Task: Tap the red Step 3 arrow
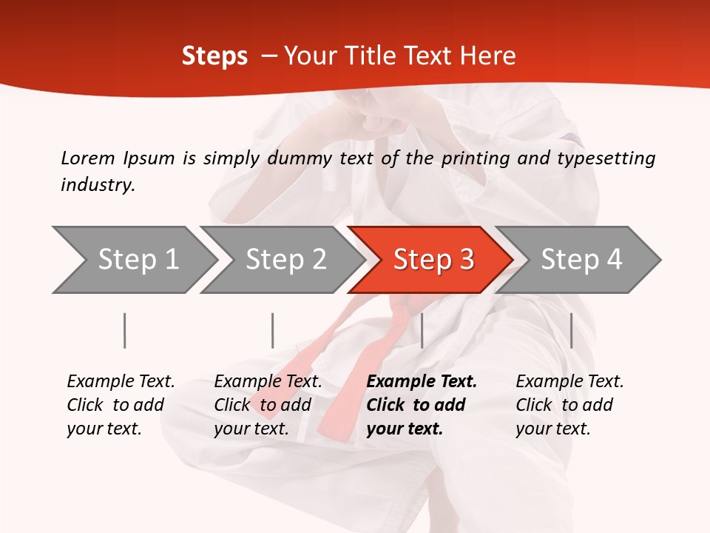433,260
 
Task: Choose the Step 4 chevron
581,260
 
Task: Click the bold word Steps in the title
214,56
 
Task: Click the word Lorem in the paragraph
87,158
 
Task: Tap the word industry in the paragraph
97,185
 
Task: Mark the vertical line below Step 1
125,330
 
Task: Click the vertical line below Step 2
273,330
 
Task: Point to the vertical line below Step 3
422,330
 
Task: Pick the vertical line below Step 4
571,330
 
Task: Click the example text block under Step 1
121,405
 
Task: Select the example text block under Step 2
268,405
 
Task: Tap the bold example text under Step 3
422,405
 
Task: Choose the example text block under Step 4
569,405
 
